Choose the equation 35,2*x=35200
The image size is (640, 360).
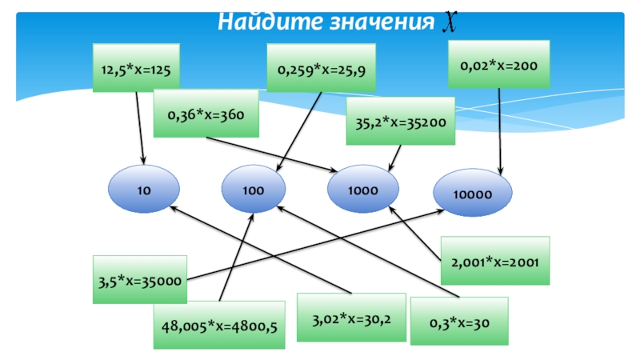click(x=400, y=122)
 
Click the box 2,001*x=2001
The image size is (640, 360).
click(x=495, y=261)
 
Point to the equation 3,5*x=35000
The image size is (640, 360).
click(x=140, y=280)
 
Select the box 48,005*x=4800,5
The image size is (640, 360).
click(x=219, y=325)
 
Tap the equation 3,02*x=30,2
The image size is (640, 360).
click(x=351, y=318)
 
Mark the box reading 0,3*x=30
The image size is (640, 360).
click(x=458, y=321)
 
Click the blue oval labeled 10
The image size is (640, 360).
click(x=143, y=191)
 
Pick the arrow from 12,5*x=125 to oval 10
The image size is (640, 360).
click(x=140, y=128)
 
